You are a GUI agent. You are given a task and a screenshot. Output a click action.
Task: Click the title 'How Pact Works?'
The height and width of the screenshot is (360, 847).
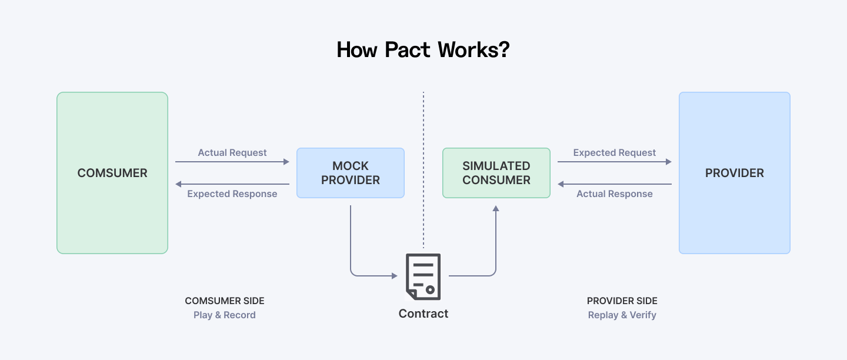(423, 50)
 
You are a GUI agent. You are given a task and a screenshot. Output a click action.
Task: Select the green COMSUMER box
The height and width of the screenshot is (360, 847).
(112, 173)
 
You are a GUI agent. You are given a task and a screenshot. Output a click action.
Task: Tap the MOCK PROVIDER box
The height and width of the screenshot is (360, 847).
(351, 173)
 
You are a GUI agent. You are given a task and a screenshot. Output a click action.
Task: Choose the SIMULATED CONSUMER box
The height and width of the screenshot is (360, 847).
(496, 173)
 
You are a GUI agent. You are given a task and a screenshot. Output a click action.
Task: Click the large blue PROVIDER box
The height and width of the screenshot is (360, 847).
(734, 173)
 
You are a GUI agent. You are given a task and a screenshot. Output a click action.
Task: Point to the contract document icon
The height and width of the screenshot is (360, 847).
(423, 276)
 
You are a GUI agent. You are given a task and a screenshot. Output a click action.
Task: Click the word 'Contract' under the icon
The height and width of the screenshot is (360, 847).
(423, 314)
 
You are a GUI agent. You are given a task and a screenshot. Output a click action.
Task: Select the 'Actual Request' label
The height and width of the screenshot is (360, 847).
(232, 152)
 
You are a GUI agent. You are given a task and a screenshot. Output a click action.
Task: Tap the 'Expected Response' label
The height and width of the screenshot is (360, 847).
(232, 194)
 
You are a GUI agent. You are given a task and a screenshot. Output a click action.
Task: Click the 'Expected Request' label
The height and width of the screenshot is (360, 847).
(615, 152)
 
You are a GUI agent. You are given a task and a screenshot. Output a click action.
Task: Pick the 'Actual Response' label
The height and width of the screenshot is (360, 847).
(615, 194)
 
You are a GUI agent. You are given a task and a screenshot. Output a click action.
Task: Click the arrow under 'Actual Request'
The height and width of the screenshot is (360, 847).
(232, 162)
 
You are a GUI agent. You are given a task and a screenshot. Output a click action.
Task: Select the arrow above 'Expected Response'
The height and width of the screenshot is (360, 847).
(232, 184)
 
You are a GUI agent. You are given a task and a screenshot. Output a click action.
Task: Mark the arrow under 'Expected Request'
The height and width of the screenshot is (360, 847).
(615, 162)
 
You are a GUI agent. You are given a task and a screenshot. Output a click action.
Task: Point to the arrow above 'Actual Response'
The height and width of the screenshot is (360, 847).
(615, 184)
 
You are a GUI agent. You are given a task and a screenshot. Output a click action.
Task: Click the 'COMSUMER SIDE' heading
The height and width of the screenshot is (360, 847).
(225, 301)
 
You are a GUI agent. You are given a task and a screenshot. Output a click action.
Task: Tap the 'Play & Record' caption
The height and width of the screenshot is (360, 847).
(225, 315)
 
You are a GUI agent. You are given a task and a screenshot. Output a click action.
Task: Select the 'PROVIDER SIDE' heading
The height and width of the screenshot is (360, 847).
(622, 301)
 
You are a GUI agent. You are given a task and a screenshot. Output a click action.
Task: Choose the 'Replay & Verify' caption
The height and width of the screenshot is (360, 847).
(622, 315)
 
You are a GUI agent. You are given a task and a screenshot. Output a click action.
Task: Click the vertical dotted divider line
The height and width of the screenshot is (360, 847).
(423, 171)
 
